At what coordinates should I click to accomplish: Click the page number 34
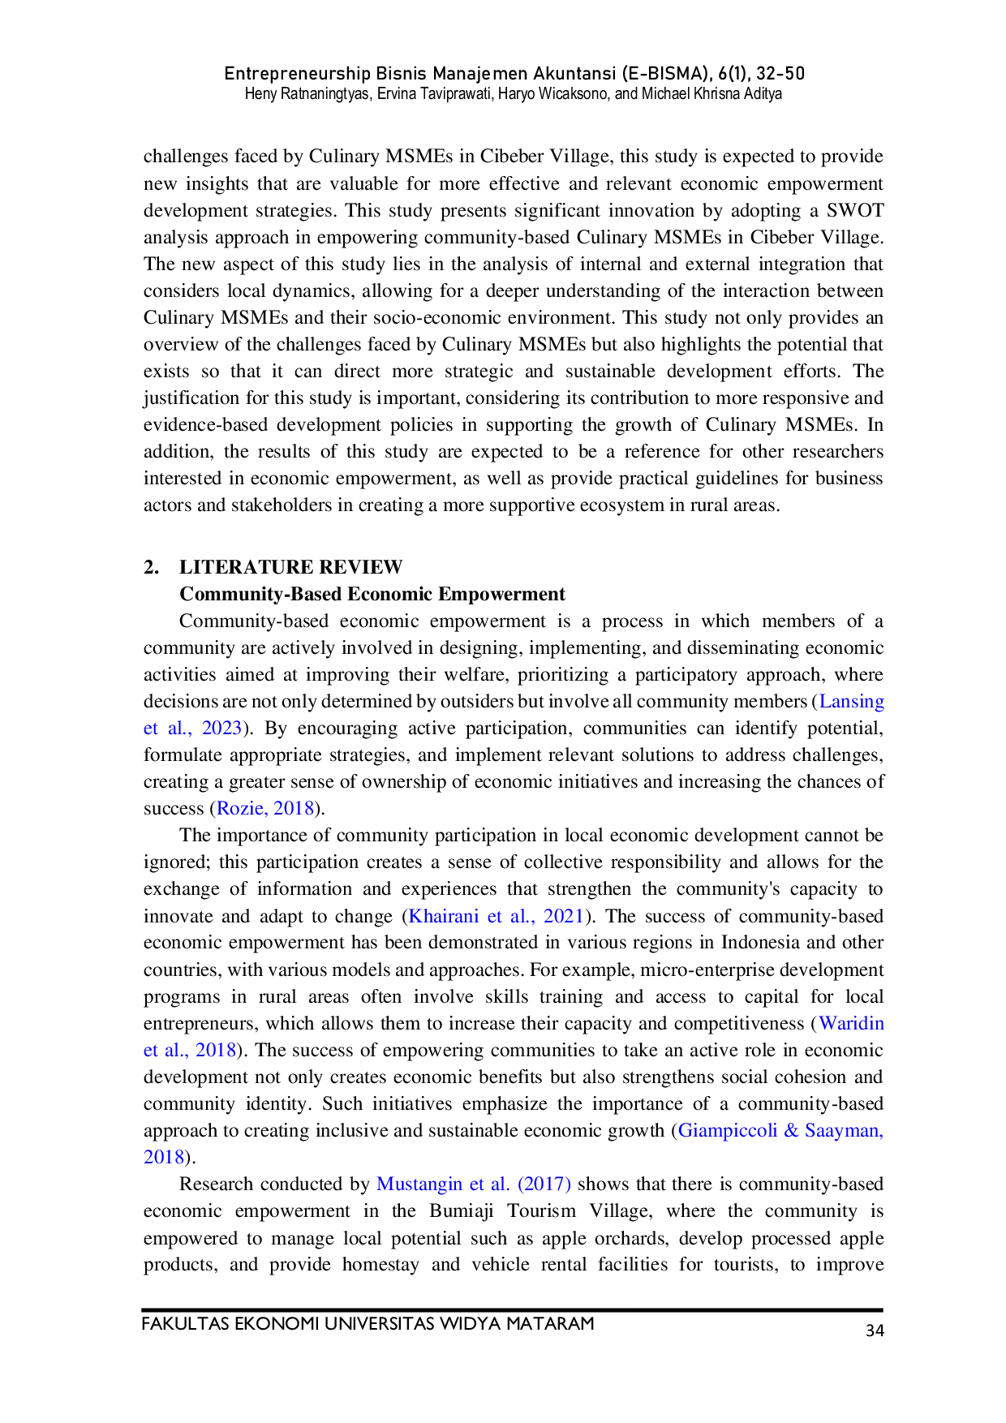[875, 1331]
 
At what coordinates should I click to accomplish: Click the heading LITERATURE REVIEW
[291, 567]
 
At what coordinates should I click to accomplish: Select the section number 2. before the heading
[151, 567]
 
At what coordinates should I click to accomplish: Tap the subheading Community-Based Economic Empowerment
[372, 594]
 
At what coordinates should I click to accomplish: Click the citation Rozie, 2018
[265, 808]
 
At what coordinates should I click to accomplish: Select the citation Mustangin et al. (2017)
[474, 1184]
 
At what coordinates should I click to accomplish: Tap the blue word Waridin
[852, 1023]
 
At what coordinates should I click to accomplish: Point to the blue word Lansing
[852, 701]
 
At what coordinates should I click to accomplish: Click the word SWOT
[855, 210]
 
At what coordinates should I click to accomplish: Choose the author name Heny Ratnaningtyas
[308, 94]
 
